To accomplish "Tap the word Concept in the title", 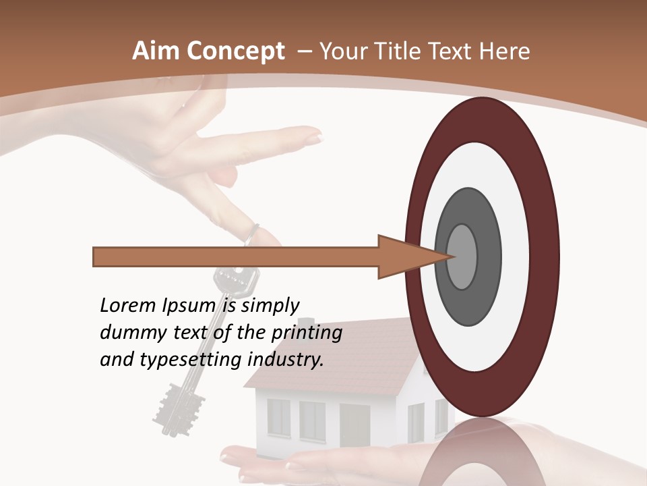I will coord(234,52).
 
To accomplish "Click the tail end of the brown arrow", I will coord(96,257).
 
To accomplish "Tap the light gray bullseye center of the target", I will coord(462,257).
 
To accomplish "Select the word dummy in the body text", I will coord(127,333).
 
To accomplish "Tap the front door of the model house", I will coord(355,425).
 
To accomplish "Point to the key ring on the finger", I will coord(250,234).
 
